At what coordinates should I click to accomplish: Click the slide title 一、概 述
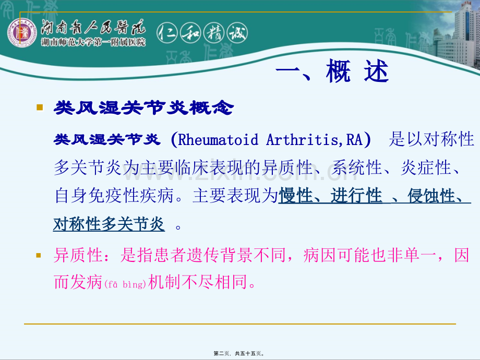coord(332,73)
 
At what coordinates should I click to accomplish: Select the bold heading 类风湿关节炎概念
coord(144,108)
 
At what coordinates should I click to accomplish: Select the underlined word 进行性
coord(356,196)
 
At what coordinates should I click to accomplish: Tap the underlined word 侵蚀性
coord(433,196)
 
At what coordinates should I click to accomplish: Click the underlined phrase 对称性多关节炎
coord(109,224)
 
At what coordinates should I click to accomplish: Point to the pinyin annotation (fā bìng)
coord(125,285)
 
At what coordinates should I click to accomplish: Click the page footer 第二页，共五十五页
coord(239,353)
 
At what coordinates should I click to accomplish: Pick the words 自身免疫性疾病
coord(119,196)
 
